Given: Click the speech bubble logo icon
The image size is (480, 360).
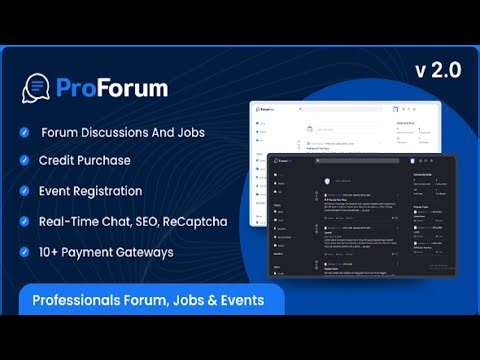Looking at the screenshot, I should click(x=36, y=88).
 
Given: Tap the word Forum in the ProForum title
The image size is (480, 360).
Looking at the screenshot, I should click(x=135, y=88).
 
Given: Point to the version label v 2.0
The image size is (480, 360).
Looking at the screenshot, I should click(x=436, y=72).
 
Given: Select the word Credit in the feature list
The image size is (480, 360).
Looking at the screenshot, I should click(x=59, y=161).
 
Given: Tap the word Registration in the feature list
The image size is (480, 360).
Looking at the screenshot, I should click(x=106, y=191).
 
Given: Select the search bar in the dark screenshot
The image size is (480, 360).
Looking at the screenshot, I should click(x=350, y=160).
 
